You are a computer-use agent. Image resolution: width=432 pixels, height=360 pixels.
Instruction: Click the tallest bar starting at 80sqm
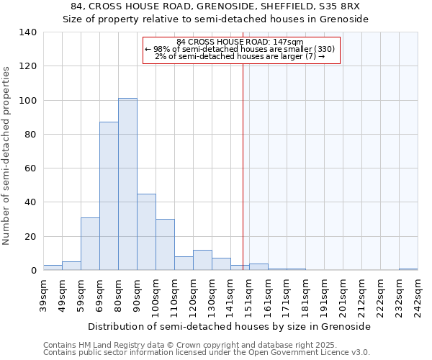coord(127,184)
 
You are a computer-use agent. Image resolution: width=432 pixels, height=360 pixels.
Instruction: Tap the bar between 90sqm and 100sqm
coord(146,232)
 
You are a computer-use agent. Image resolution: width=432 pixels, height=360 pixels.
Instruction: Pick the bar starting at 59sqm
coord(90,244)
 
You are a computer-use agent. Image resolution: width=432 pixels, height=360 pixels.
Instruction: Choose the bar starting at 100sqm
coord(165,245)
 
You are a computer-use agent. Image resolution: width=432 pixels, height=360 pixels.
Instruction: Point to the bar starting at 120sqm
coord(202,260)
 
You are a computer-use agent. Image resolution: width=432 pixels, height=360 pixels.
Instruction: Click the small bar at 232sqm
coord(408,269)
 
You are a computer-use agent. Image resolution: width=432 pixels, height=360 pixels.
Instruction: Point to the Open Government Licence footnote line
coord(207,352)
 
